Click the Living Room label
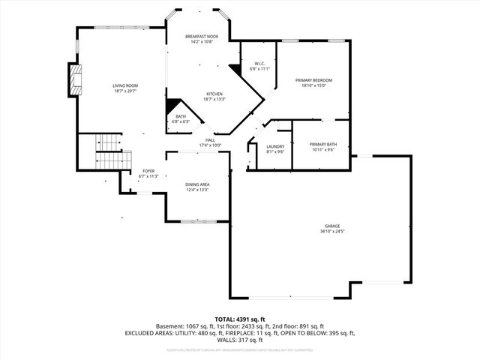tap(125, 85)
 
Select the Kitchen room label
tap(214, 94)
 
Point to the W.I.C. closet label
tap(259, 63)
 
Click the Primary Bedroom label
tap(313, 79)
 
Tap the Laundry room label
tap(275, 146)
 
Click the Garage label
tap(332, 226)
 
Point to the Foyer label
tap(148, 171)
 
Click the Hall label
tap(211, 139)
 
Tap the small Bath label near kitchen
tap(181, 116)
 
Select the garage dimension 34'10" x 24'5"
tap(332, 231)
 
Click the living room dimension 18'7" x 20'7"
tap(125, 91)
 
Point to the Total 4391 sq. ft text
tap(240, 319)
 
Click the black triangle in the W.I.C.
tap(235, 69)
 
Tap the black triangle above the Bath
tap(172, 106)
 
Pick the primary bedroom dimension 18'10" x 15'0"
tap(313, 85)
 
